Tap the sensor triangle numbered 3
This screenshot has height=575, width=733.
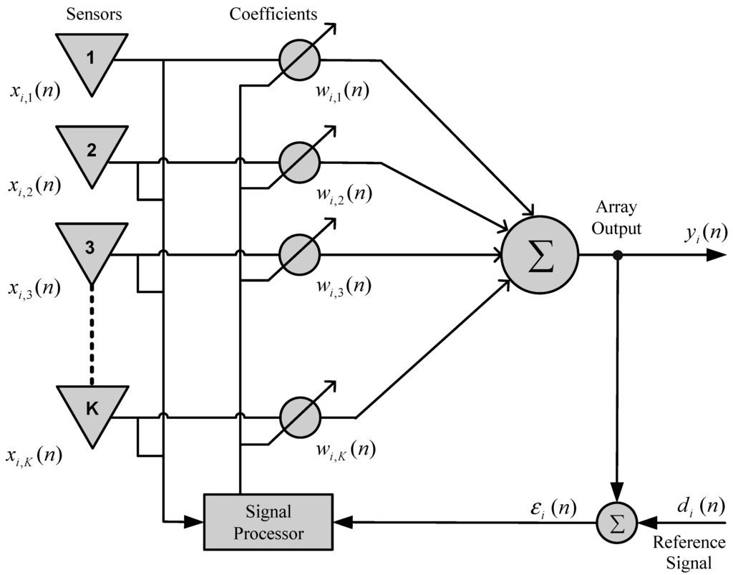[x=89, y=251]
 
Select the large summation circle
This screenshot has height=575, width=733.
[x=540, y=254]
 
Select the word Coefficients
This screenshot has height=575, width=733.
[x=273, y=14]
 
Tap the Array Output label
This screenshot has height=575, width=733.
[x=617, y=218]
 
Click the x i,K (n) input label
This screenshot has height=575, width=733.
[x=34, y=455]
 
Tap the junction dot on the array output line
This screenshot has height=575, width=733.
[x=617, y=254]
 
